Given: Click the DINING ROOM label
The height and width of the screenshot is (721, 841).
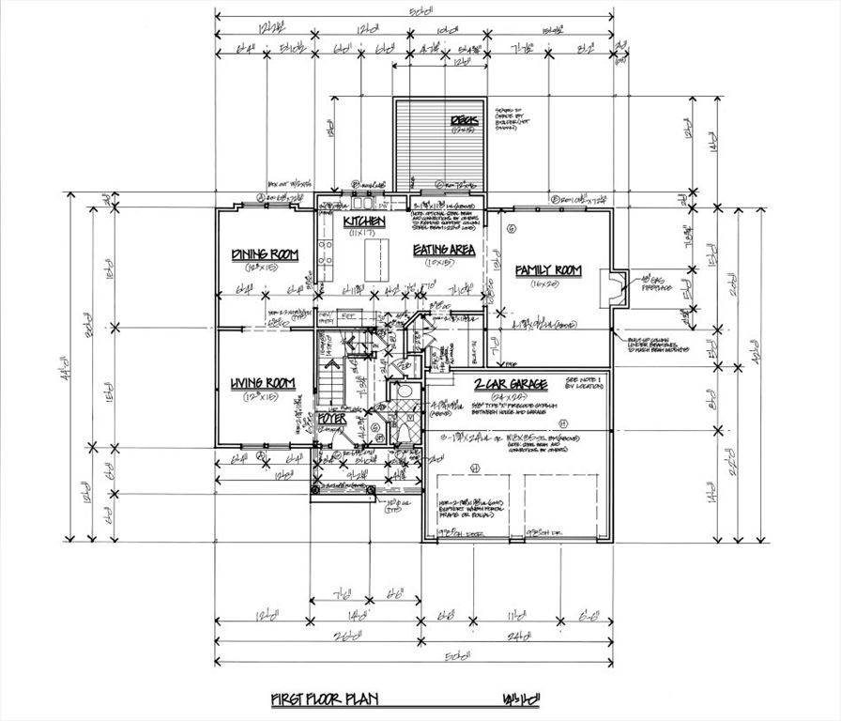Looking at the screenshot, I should (x=264, y=254).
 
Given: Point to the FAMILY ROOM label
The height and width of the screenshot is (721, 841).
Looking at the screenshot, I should (x=549, y=270).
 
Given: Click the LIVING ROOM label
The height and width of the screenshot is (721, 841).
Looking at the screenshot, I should (x=263, y=383).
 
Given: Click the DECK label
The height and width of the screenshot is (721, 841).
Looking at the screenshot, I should (x=464, y=121).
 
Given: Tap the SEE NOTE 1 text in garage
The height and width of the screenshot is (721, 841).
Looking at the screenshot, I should (x=585, y=379).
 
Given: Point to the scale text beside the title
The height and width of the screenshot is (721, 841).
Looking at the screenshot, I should (x=523, y=700).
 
